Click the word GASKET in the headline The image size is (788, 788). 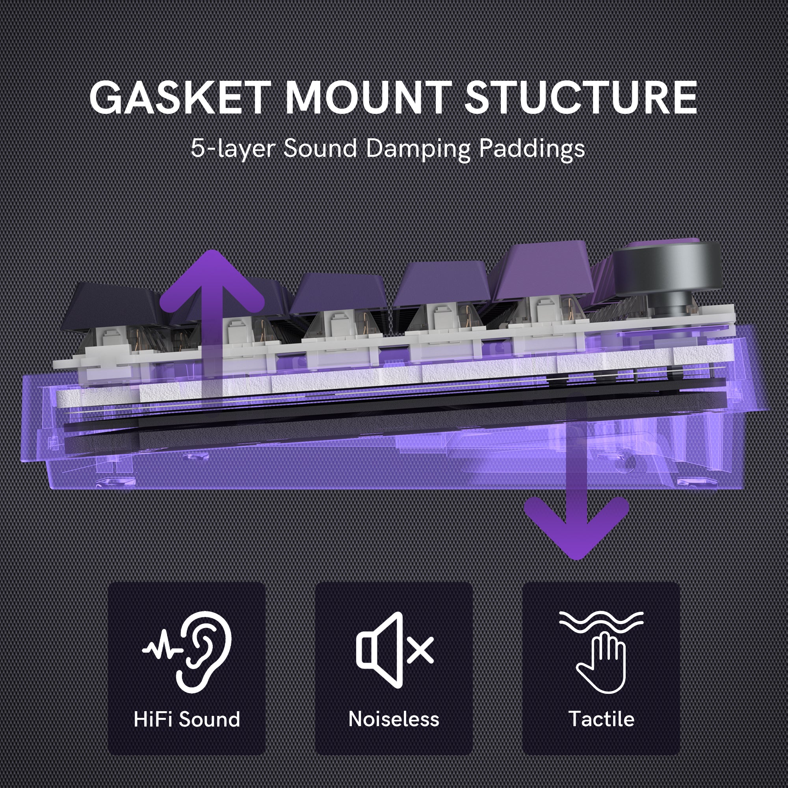(x=178, y=98)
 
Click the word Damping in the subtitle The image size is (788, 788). (x=418, y=149)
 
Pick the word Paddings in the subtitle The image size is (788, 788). (x=532, y=149)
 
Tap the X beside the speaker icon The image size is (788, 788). (x=420, y=650)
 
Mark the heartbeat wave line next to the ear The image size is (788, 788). (x=161, y=649)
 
